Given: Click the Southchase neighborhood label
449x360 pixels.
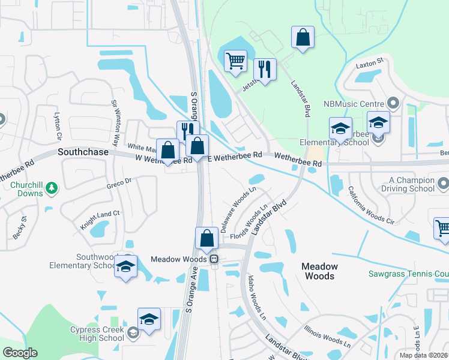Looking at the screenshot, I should pyautogui.click(x=83, y=152).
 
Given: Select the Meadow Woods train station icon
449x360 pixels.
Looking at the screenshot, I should pyautogui.click(x=213, y=259).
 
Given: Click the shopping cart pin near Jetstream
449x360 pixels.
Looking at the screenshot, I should pyautogui.click(x=235, y=61).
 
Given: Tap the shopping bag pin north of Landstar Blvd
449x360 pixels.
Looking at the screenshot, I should pyautogui.click(x=303, y=37).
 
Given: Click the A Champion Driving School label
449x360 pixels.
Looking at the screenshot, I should pyautogui.click(x=411, y=184).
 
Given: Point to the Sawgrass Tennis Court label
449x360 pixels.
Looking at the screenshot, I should pyautogui.click(x=408, y=274).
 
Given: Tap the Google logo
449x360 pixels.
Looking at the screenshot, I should pyautogui.click(x=20, y=353).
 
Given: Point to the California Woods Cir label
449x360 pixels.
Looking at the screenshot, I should pyautogui.click(x=371, y=206).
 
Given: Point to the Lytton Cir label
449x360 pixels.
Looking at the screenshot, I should pyautogui.click(x=58, y=124).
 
